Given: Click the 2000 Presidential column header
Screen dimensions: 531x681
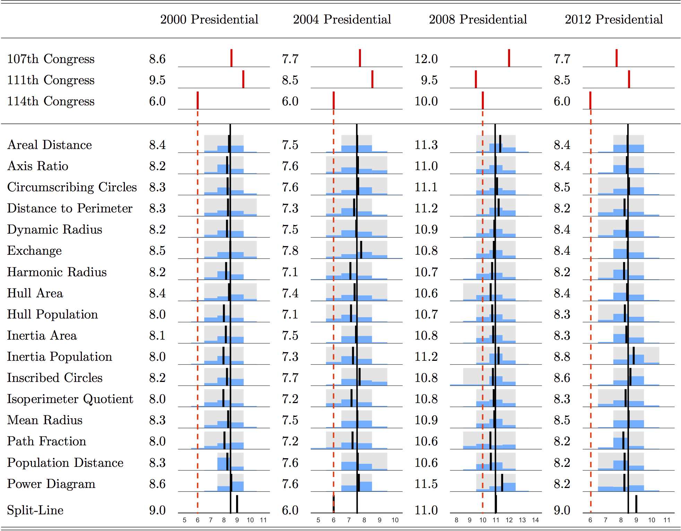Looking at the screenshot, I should (x=209, y=19).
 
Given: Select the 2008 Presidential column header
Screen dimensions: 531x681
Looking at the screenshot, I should (x=478, y=19).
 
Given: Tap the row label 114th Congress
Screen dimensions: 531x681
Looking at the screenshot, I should (x=51, y=101).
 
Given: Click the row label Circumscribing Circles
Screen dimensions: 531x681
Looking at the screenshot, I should (x=72, y=187).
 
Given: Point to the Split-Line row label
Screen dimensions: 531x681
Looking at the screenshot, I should (x=35, y=510).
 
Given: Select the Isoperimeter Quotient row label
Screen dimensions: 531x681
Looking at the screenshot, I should (x=70, y=399).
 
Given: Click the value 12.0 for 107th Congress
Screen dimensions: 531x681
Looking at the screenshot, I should (x=426, y=59).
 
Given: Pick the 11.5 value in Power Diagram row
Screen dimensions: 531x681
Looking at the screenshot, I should (x=426, y=484).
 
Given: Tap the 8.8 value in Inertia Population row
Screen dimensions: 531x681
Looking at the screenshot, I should (x=562, y=357).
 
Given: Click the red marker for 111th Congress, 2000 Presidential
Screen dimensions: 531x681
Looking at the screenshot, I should (x=243, y=79).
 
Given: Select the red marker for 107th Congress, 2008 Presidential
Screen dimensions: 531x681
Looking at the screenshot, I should (x=509, y=58).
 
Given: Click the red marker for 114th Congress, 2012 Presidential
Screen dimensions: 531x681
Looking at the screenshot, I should (x=590, y=100).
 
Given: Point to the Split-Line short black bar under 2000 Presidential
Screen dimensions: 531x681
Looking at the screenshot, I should (x=237, y=504).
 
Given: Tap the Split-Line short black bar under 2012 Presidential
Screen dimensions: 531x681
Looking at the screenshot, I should (x=636, y=504).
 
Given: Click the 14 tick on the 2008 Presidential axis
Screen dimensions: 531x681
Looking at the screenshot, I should (x=535, y=520).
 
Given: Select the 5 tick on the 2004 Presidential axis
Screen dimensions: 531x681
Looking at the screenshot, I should (x=318, y=520).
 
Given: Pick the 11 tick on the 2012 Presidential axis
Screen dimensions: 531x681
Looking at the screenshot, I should (x=667, y=520).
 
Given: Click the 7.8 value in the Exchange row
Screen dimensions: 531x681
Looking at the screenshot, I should (x=290, y=251).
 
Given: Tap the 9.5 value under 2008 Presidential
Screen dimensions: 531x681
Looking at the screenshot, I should (x=429, y=80).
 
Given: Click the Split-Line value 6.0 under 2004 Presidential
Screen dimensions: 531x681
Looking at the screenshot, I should (x=290, y=510).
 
